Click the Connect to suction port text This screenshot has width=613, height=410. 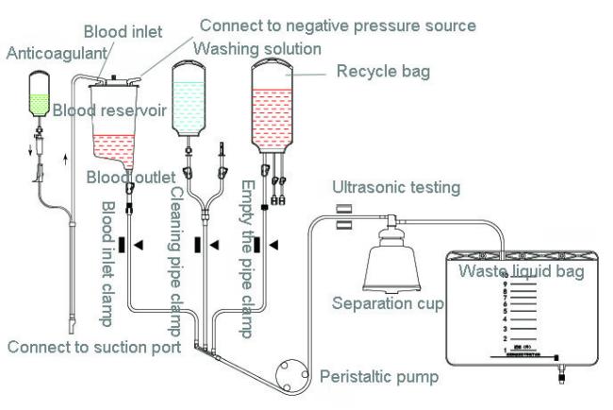94,347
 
